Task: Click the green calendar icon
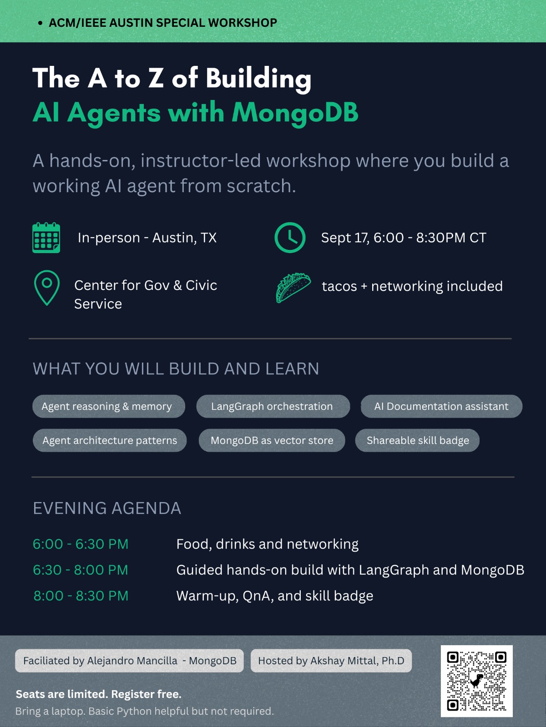(46, 238)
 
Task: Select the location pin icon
(47, 288)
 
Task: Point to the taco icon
(293, 288)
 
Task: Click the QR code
(476, 681)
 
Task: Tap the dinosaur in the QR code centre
(476, 681)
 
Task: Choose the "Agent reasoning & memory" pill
(109, 406)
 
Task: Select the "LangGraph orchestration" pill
(273, 406)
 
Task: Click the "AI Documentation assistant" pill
(441, 406)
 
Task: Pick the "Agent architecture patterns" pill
(110, 440)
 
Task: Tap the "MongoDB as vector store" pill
(272, 440)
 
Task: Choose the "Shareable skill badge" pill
(417, 440)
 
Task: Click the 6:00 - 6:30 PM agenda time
(81, 544)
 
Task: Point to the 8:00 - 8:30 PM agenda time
(81, 596)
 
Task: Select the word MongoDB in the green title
(295, 114)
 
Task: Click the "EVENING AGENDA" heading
(107, 508)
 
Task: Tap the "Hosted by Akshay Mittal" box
(331, 661)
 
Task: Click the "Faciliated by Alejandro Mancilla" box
(129, 661)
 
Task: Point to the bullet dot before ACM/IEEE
(40, 23)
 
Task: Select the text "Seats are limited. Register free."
(99, 694)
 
